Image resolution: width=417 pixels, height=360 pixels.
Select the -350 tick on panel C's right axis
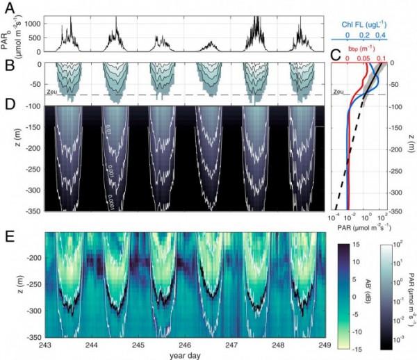pyautogui.click(x=407, y=211)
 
